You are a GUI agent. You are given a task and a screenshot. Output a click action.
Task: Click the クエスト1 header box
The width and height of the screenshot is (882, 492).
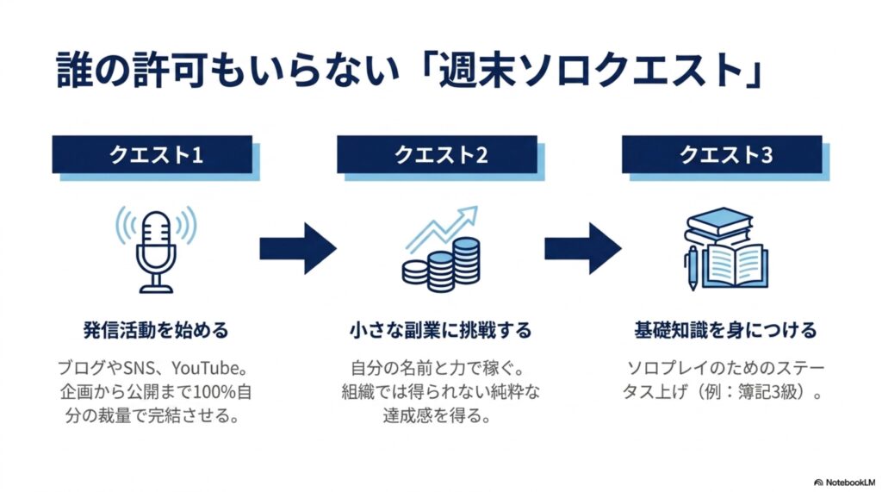tap(152, 154)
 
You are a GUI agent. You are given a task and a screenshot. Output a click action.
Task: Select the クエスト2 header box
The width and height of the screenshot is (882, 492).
tap(437, 154)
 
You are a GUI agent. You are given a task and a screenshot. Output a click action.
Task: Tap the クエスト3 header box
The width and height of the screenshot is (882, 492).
tap(722, 154)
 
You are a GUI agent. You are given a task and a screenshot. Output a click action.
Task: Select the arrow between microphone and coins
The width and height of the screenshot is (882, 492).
tap(298, 248)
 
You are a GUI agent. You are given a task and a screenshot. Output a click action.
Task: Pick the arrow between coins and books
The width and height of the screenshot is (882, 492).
tap(583, 248)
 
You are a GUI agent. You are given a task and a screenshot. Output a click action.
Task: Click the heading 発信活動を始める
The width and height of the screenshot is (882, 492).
tap(156, 330)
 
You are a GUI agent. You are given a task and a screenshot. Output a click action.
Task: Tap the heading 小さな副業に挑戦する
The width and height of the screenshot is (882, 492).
tap(440, 330)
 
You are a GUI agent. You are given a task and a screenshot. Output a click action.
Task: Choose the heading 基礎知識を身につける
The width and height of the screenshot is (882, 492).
tap(725, 330)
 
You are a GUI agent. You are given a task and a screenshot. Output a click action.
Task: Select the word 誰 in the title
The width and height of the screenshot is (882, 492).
tap(74, 70)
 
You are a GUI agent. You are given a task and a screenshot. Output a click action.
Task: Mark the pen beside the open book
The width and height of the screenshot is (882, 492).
tap(693, 269)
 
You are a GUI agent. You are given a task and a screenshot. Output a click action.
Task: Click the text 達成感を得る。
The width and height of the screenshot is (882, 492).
tap(437, 416)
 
